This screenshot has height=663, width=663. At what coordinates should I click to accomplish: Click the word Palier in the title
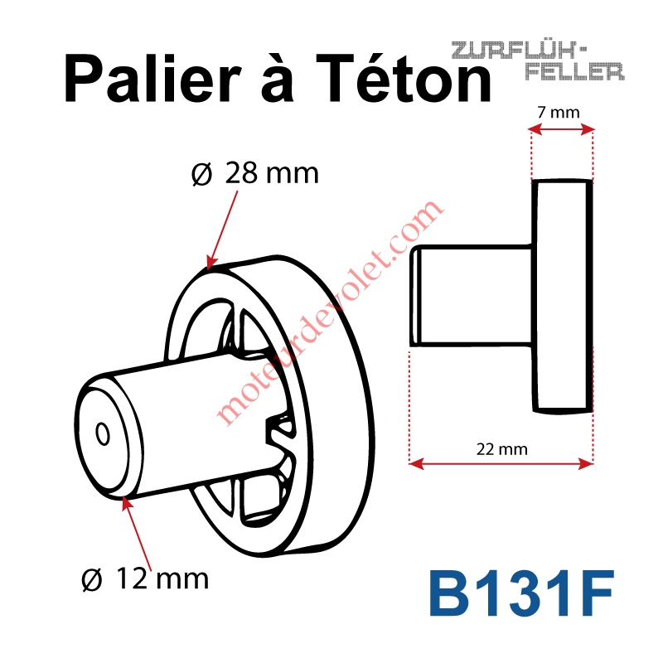point(153,78)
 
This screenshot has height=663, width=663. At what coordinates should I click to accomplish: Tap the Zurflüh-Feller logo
point(538,60)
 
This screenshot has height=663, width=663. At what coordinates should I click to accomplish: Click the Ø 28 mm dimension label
point(255,173)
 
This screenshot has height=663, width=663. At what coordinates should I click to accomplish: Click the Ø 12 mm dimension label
point(145,578)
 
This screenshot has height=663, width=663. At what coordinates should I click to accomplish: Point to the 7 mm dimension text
point(558,113)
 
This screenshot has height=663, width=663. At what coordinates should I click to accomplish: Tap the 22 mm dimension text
point(502,449)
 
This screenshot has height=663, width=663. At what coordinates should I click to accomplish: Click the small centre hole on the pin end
point(103,433)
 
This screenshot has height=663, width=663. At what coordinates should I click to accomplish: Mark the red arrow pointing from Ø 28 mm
point(221,230)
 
